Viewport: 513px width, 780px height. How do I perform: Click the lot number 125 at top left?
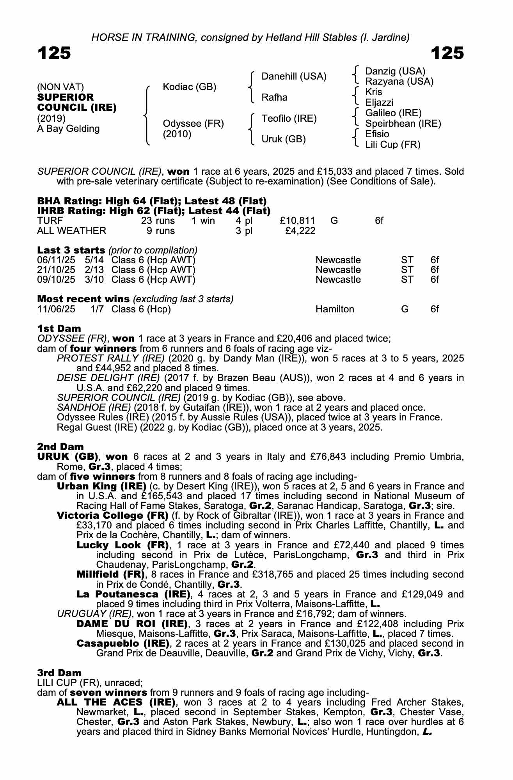coord(54,53)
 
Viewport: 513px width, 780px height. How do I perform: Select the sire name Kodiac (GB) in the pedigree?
coord(189,87)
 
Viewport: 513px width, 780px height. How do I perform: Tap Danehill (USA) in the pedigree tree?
coord(294,76)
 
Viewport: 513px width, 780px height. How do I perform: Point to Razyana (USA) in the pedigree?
coord(399,82)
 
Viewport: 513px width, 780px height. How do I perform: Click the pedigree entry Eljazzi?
coord(379,103)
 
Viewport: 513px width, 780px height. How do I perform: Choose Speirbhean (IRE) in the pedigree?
coord(403,124)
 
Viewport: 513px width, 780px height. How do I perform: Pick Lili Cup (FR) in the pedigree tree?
coord(392,145)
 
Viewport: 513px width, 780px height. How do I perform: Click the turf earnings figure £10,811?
coord(297,221)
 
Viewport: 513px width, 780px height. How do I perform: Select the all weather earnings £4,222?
coord(300,231)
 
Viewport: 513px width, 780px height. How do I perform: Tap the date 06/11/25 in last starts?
coord(56,260)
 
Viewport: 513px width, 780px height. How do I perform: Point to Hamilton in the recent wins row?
coord(335,309)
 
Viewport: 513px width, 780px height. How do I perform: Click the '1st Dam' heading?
coord(59,328)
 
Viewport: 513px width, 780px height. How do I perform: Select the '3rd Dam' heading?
coord(59,673)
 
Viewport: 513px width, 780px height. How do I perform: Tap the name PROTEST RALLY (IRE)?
coord(108,358)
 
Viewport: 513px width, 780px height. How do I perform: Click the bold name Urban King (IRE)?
coord(101,486)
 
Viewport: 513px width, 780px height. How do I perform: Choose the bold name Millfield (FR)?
coord(110,574)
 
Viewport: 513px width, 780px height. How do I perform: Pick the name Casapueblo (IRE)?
coord(123,643)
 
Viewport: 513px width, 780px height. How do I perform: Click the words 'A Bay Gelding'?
coord(68,129)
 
